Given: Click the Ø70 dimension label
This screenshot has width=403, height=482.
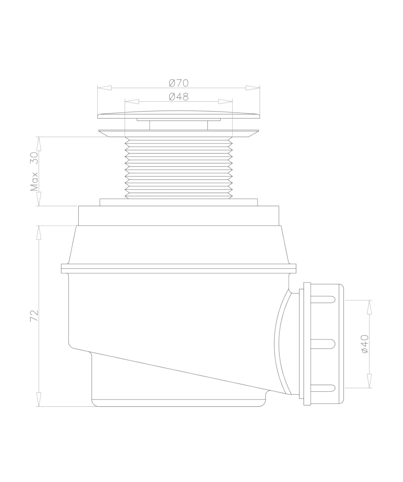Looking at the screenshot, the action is [179, 83].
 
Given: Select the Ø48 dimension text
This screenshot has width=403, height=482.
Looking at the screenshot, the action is [179, 97].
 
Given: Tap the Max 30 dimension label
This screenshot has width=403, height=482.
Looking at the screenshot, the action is [34, 171].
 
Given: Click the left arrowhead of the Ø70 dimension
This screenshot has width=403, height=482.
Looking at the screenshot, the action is [104, 88].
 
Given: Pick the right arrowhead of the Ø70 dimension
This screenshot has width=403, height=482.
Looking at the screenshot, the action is [253, 88].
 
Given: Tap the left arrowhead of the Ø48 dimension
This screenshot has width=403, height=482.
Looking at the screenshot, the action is [132, 101].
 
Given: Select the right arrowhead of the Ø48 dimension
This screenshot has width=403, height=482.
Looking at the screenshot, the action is [225, 101].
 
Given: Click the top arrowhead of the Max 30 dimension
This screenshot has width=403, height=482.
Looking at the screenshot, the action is [39, 144].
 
